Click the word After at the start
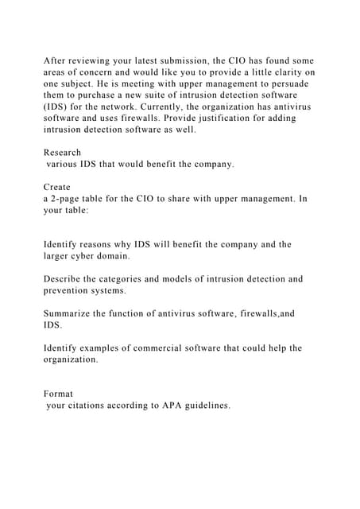pos(56,61)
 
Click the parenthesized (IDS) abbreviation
pos(56,107)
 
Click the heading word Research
pos(62,152)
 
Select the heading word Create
pos(57,187)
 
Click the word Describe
pos(65,279)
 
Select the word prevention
pos(71,291)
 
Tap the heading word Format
pos(58,394)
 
